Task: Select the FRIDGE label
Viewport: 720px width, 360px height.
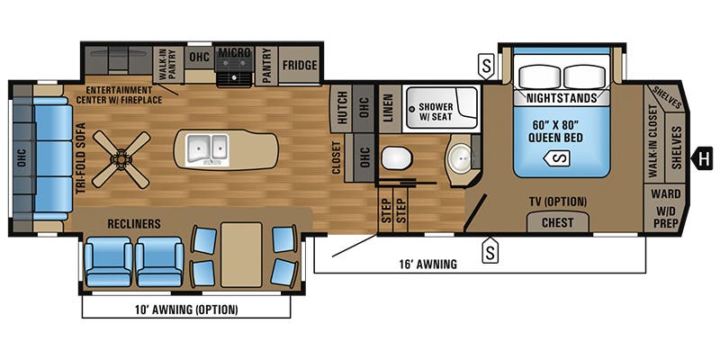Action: [x=299, y=65]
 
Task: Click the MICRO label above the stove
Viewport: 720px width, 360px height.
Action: [x=233, y=53]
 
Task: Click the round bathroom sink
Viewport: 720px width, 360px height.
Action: [x=462, y=159]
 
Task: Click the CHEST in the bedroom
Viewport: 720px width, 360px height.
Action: [x=558, y=222]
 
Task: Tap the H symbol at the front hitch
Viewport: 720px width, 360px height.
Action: [x=698, y=161]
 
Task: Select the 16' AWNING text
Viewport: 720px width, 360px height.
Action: [x=427, y=265]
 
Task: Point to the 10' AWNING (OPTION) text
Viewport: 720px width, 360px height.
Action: [x=187, y=310]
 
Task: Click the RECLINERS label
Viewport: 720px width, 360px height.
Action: [x=134, y=221]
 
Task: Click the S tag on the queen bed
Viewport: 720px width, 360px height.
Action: [x=559, y=159]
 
